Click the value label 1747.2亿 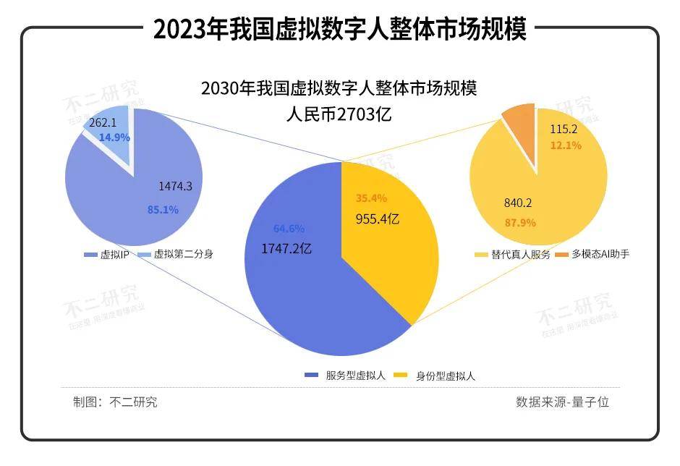(x=287, y=248)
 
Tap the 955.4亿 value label (x=378, y=218)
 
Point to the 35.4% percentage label (x=372, y=198)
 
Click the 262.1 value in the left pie (x=102, y=123)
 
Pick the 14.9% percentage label (x=114, y=137)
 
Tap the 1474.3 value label (x=175, y=186)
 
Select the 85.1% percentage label (x=163, y=210)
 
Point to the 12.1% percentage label (x=566, y=145)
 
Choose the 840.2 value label (x=518, y=203)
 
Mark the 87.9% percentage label (x=519, y=222)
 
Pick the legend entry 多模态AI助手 (x=600, y=255)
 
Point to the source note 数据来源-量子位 (x=562, y=402)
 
